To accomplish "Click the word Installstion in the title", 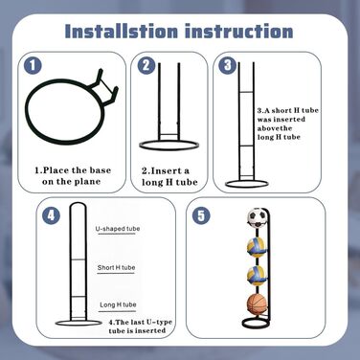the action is [x=122, y=32].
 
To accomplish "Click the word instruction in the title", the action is [x=238, y=32].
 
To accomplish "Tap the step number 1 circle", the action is [x=34, y=66].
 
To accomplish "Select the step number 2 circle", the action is [x=146, y=66].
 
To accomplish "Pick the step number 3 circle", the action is [x=228, y=65].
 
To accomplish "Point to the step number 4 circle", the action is [x=52, y=215].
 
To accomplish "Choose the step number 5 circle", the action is [x=201, y=215].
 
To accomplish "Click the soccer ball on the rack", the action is [x=257, y=217].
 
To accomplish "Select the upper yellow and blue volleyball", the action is [x=257, y=248].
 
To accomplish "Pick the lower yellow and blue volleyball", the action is [x=257, y=276].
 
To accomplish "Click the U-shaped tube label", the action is [x=118, y=229].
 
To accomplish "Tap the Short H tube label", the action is [x=116, y=267].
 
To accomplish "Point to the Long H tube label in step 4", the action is [x=118, y=304].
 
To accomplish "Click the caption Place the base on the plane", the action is [x=73, y=176].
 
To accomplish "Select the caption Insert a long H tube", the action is [x=169, y=176].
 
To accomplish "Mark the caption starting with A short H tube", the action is [x=288, y=124].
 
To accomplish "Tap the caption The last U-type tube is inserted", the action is [x=141, y=326].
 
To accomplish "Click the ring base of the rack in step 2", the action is [x=169, y=148].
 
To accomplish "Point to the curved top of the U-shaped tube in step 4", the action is [x=79, y=203].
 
